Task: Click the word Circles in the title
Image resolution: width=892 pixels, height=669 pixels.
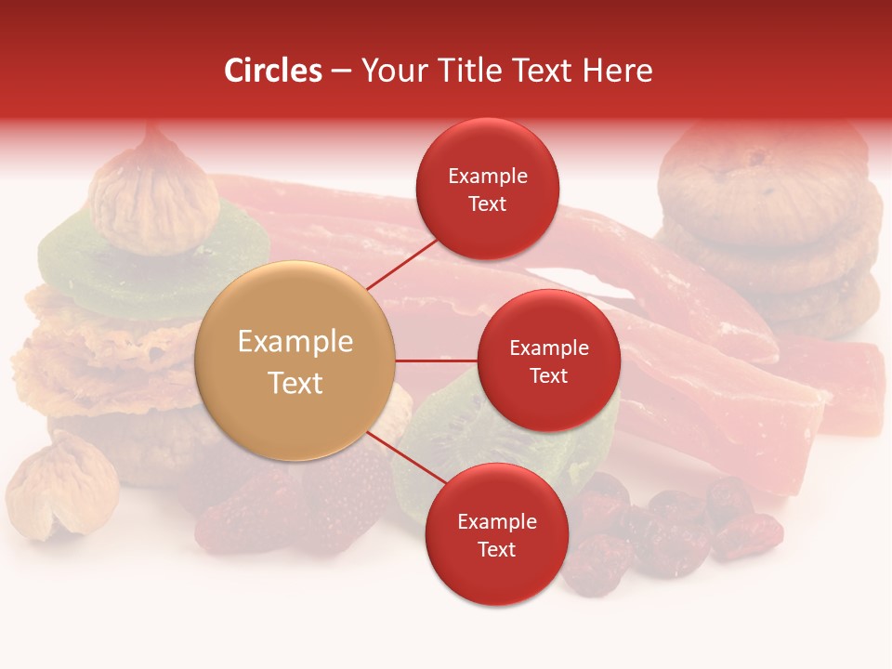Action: click(272, 71)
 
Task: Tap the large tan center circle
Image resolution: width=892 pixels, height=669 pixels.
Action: click(295, 361)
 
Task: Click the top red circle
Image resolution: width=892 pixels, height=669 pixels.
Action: click(488, 189)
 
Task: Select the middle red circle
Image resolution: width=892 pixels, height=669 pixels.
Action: click(549, 361)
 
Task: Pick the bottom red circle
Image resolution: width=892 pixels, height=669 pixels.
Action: click(496, 534)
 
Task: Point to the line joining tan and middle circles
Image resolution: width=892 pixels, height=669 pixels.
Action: click(437, 361)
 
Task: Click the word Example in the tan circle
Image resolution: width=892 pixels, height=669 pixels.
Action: click(295, 341)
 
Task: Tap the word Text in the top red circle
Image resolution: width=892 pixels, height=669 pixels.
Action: click(488, 203)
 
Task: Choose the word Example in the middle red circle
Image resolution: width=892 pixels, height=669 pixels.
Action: click(549, 348)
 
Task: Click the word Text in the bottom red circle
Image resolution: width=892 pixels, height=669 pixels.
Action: click(496, 549)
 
